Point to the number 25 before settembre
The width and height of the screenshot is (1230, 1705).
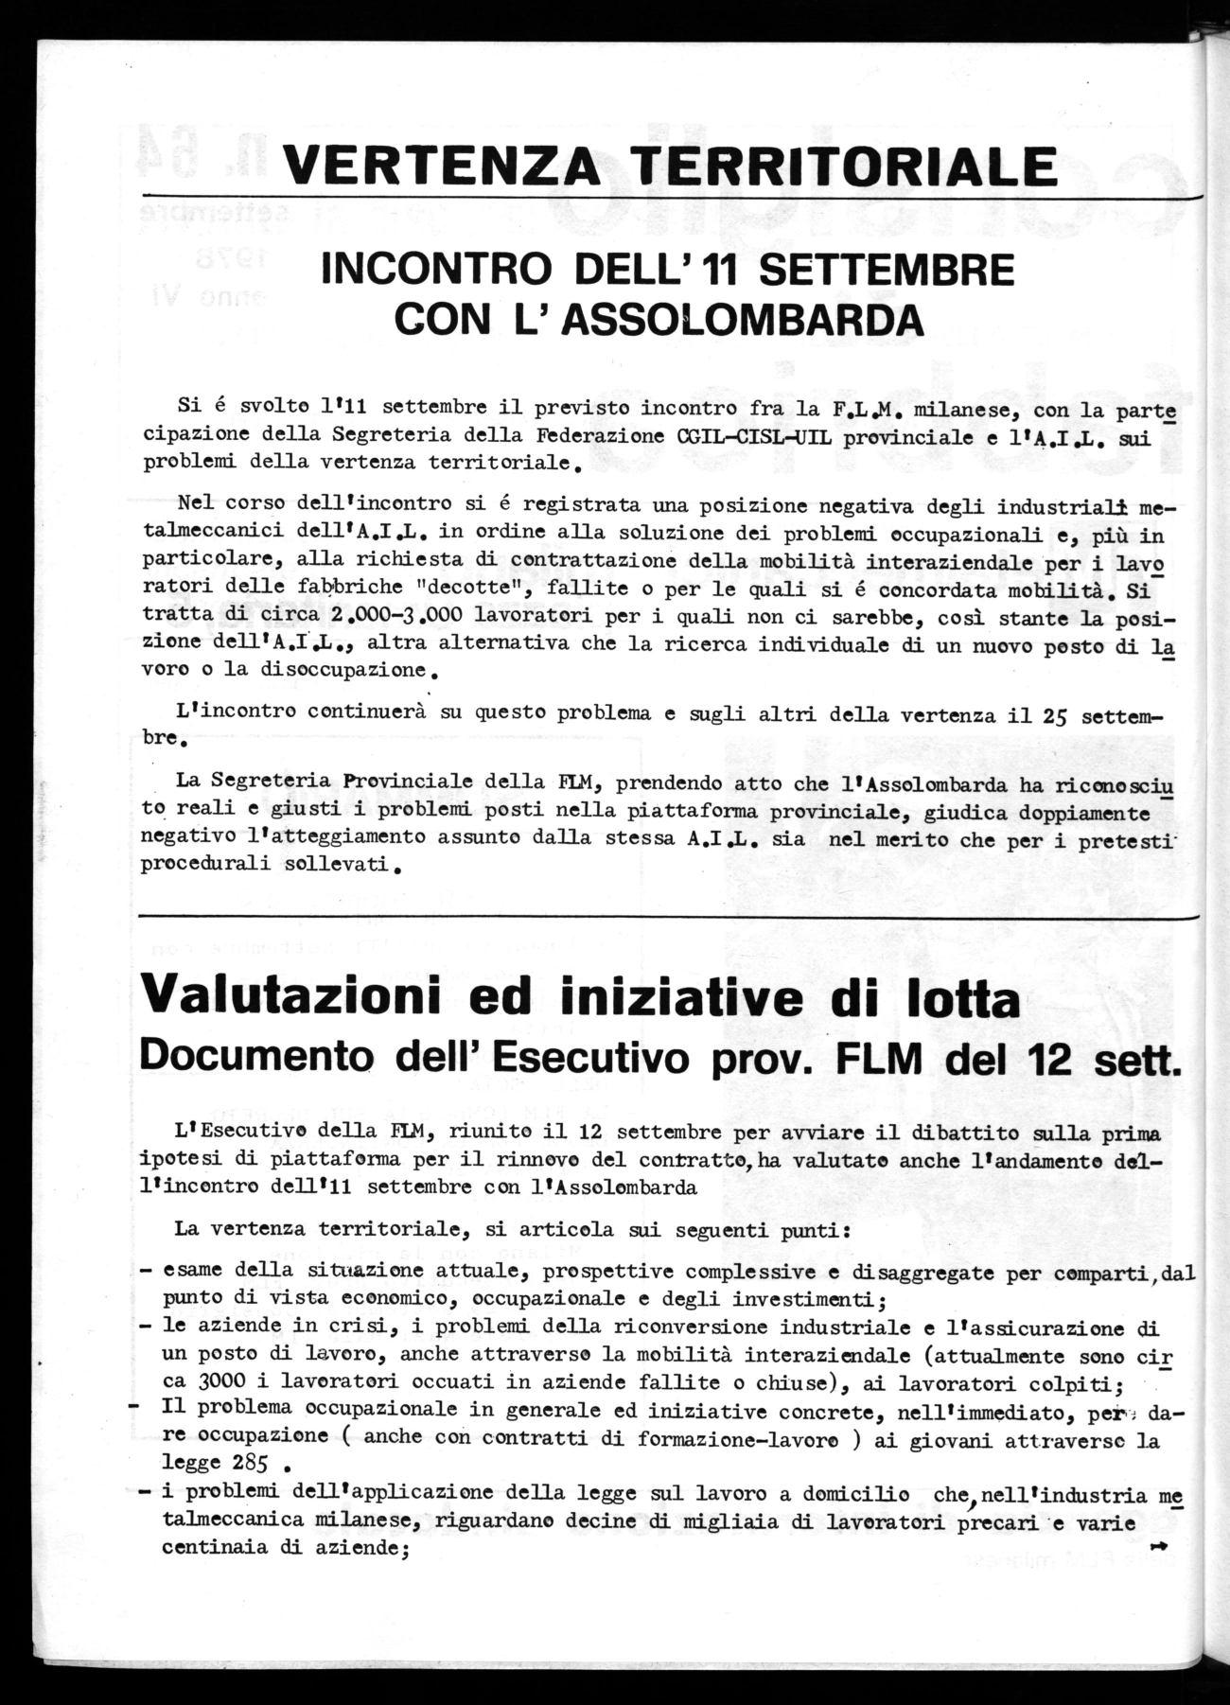[1058, 714]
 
